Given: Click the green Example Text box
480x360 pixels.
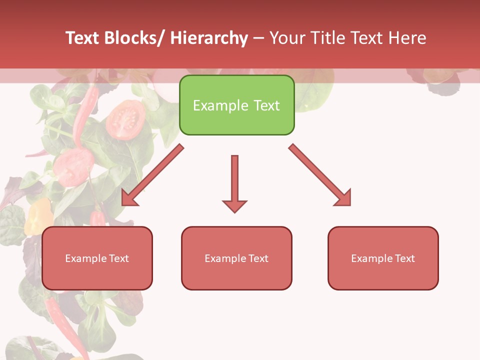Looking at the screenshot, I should pyautogui.click(x=236, y=105).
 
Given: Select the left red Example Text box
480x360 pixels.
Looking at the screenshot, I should pyautogui.click(x=97, y=258).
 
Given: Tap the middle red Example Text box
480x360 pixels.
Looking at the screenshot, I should pyautogui.click(x=236, y=258).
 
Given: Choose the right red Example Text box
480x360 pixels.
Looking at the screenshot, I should pyautogui.click(x=383, y=258).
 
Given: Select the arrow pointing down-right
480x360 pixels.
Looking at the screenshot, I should pyautogui.click(x=320, y=175).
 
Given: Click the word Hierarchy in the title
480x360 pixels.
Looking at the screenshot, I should pyautogui.click(x=209, y=38).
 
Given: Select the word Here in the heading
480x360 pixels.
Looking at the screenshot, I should pyautogui.click(x=408, y=38).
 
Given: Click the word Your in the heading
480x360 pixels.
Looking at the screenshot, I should pyautogui.click(x=288, y=38).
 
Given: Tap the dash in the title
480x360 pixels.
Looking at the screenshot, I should pyautogui.click(x=258, y=38).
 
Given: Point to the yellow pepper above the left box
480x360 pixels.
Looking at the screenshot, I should pyautogui.click(x=39, y=216).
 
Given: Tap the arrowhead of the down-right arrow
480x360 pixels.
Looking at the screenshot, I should pyautogui.click(x=343, y=198).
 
